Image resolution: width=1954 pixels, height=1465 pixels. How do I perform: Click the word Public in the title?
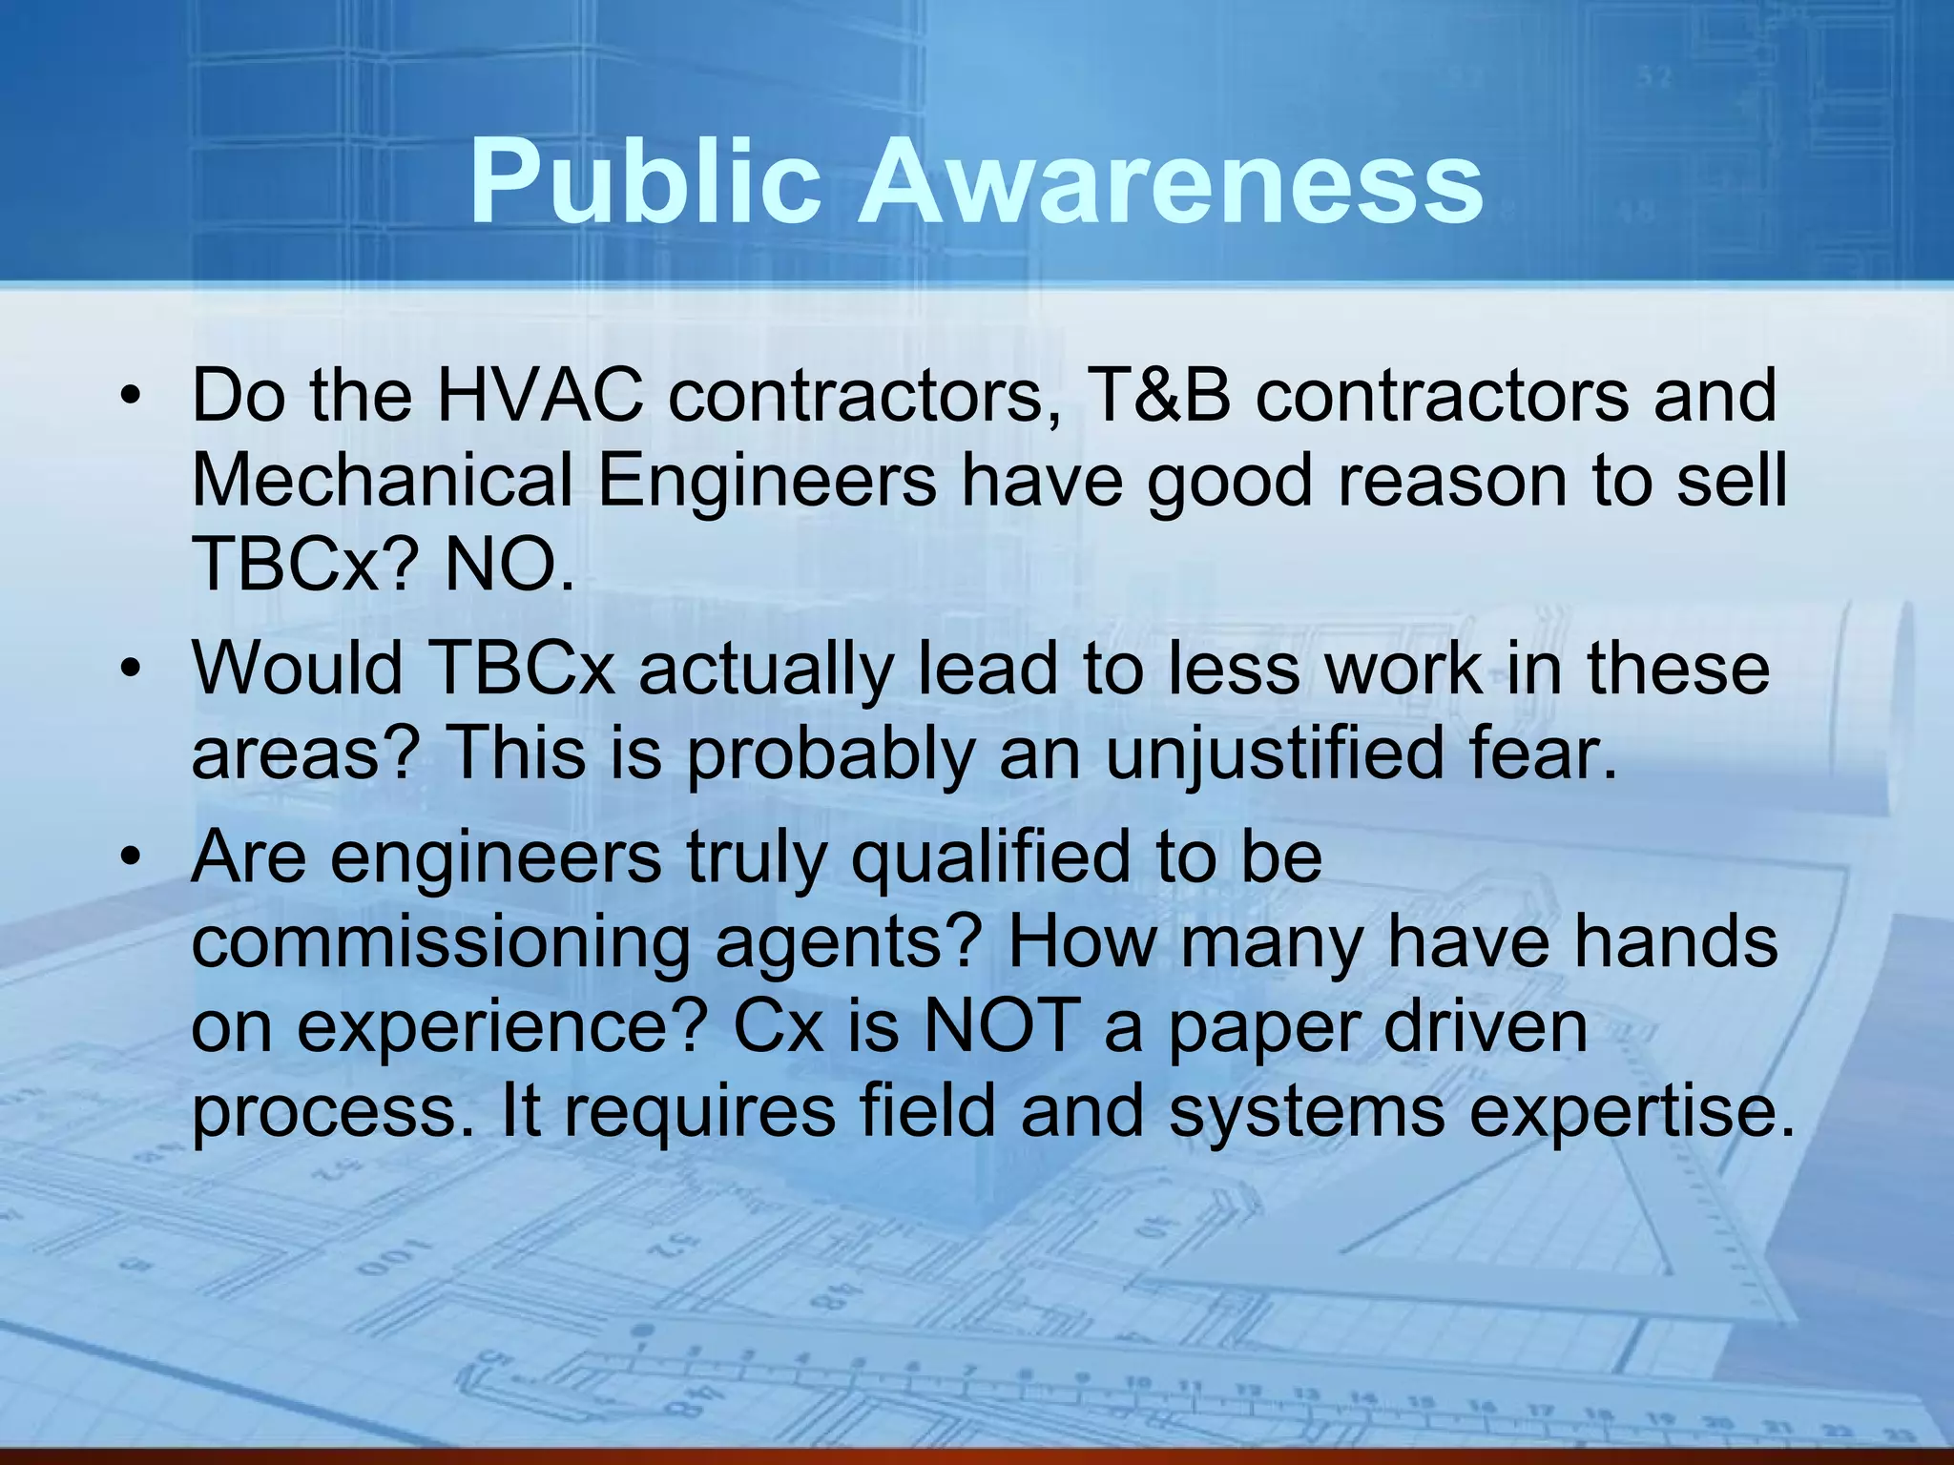tap(645, 181)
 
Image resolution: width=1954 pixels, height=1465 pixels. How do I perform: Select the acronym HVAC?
tap(539, 395)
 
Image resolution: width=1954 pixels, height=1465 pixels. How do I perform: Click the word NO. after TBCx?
tap(509, 565)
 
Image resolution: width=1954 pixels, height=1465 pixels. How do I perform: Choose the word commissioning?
tap(440, 942)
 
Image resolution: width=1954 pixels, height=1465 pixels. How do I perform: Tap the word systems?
tap(1306, 1112)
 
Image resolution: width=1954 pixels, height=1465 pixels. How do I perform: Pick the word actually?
tap(764, 669)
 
